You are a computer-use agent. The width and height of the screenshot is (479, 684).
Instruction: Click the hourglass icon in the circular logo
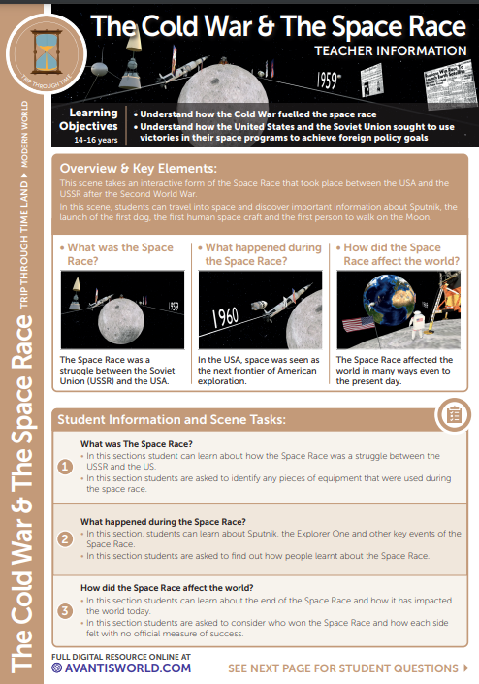[x=47, y=51]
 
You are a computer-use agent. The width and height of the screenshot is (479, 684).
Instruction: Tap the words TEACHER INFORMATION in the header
[x=391, y=51]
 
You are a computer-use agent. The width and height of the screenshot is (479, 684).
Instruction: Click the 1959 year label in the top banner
[x=329, y=81]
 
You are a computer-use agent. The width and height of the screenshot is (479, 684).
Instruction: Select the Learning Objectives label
[x=88, y=119]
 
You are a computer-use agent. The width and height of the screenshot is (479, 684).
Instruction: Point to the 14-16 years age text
[x=95, y=140]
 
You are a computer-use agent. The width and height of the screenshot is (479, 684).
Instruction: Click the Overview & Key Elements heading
[x=138, y=169]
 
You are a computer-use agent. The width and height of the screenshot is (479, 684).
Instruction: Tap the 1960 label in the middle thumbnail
[x=225, y=317]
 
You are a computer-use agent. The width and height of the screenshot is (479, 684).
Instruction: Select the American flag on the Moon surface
[x=358, y=324]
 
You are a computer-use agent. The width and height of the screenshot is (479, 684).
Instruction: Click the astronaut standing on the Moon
[x=418, y=325]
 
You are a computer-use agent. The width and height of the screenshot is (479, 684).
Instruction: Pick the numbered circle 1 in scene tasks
[x=65, y=467]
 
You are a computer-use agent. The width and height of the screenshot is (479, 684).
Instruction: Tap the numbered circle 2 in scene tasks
[x=65, y=539]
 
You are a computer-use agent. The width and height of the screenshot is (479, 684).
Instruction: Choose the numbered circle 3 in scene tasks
[x=65, y=610]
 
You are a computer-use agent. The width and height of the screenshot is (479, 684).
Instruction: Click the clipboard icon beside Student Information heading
[x=454, y=415]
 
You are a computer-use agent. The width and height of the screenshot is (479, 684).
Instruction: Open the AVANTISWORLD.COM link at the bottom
[x=121, y=668]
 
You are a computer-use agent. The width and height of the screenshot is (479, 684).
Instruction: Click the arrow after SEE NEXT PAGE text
[x=466, y=668]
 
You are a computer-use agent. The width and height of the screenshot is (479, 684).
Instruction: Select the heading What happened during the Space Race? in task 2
[x=163, y=522]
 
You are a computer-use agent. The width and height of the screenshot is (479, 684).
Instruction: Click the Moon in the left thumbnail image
[x=121, y=321]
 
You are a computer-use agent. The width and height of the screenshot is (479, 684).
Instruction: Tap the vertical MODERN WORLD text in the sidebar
[x=24, y=134]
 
